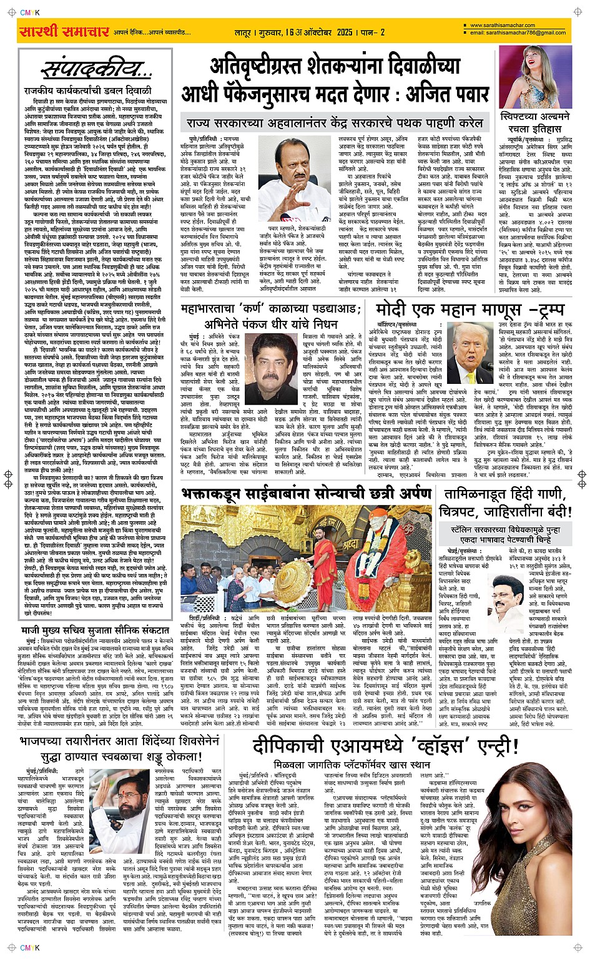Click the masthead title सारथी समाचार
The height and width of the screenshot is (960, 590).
64,32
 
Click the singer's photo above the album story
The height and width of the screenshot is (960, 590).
534,76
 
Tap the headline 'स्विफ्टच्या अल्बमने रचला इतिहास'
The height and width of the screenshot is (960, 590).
535,122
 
